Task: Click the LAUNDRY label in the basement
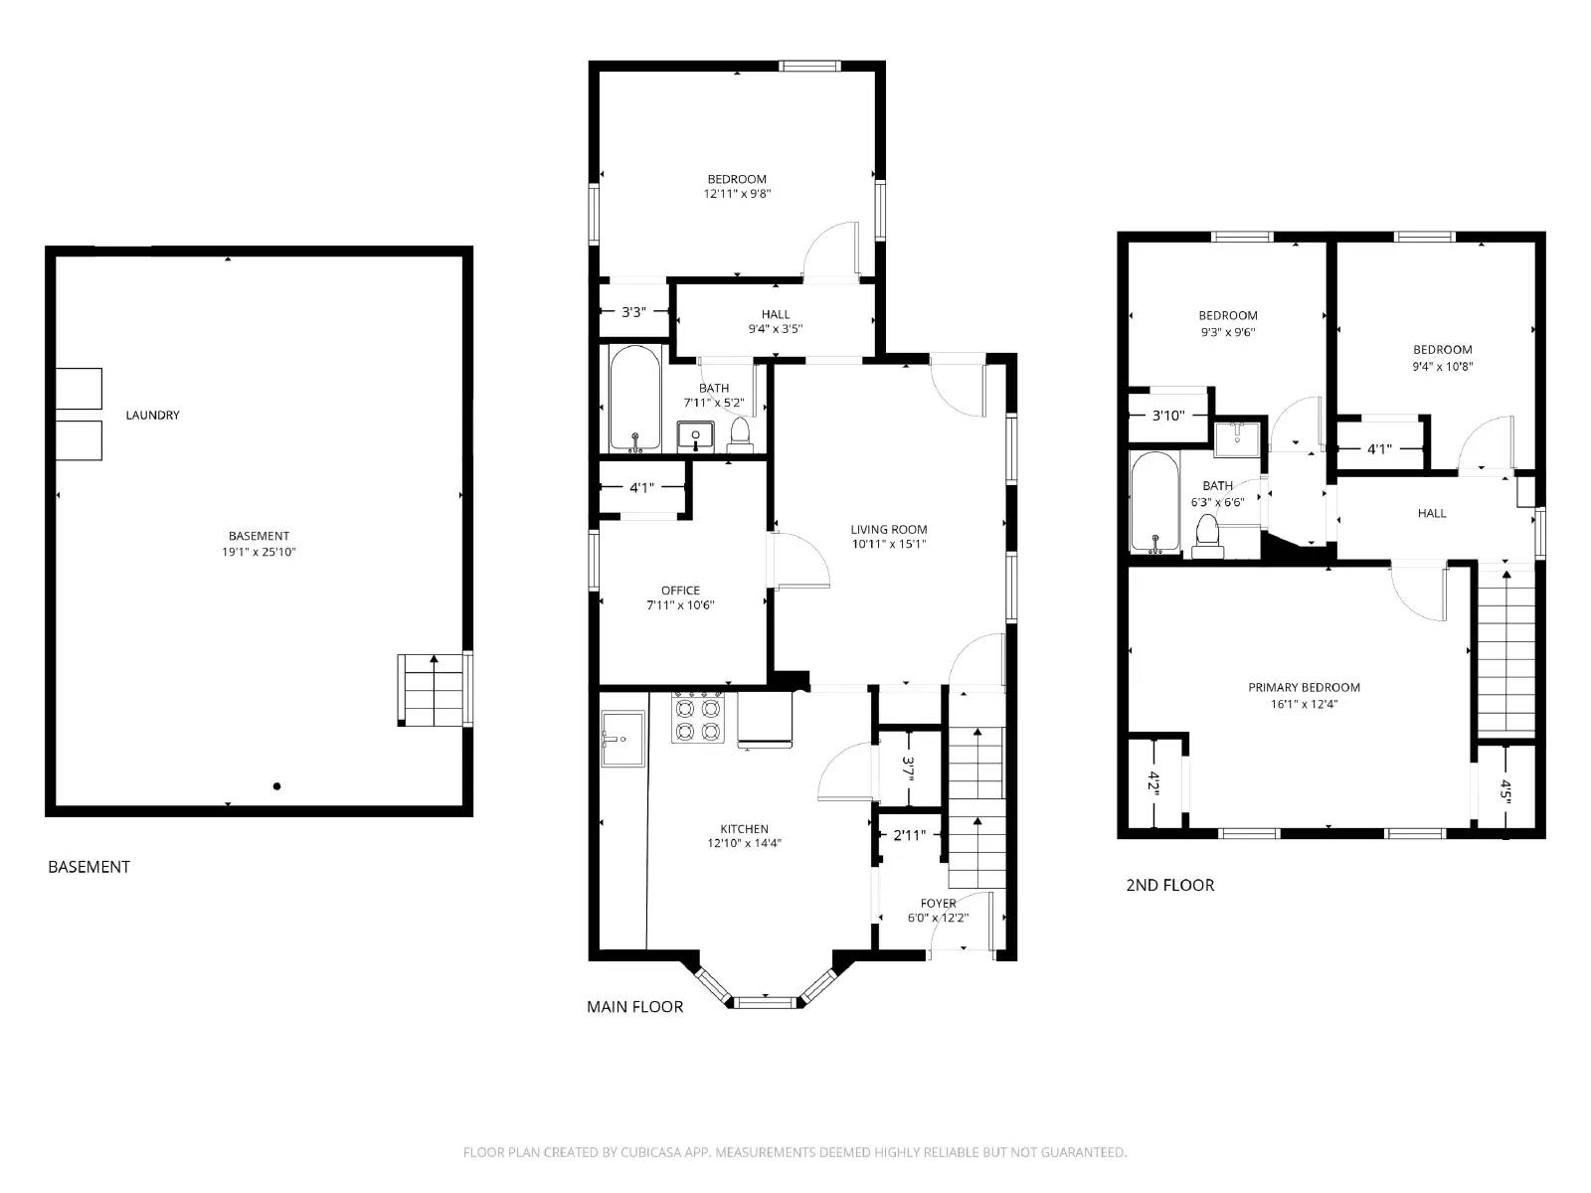[152, 415]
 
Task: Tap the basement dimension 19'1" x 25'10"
[259, 552]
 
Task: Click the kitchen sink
[622, 740]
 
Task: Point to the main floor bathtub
[634, 399]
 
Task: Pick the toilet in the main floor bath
[739, 432]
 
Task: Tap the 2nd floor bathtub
[1154, 502]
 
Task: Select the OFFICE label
[680, 590]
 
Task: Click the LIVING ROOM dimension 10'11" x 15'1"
[888, 544]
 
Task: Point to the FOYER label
[938, 904]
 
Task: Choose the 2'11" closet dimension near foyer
[910, 835]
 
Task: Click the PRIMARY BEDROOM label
[1304, 687]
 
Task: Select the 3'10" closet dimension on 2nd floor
[1168, 416]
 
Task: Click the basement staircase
[434, 689]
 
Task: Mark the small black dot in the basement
[277, 786]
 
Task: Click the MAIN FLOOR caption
[634, 1006]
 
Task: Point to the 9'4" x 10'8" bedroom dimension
[1442, 366]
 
